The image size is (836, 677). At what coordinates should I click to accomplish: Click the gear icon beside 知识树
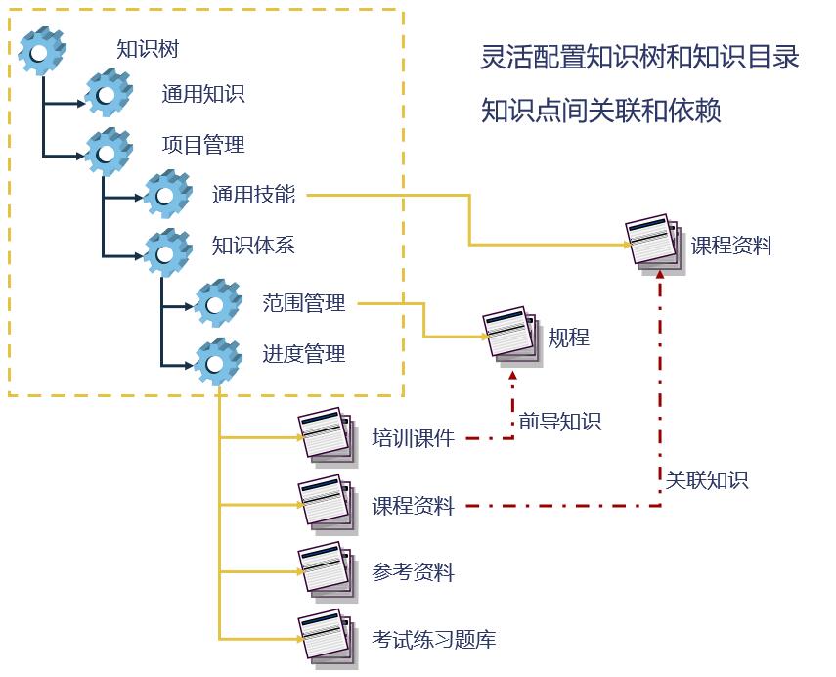point(42,51)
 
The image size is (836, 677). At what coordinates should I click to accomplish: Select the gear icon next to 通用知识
point(108,93)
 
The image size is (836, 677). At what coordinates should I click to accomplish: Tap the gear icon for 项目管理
point(108,151)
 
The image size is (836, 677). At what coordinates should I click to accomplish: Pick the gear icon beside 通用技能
point(167,194)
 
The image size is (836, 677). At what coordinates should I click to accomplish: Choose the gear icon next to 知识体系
point(167,251)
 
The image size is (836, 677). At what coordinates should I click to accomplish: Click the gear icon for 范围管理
point(217,303)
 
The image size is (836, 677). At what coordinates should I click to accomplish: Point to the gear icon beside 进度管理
point(217,361)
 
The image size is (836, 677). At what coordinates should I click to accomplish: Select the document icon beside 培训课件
point(326,433)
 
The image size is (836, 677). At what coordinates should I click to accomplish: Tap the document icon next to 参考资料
point(326,568)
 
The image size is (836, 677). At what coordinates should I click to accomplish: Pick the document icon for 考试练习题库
point(326,637)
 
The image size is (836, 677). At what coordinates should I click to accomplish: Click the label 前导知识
point(559,422)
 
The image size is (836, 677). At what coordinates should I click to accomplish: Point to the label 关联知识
point(707,480)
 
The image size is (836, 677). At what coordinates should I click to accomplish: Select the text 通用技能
point(253,194)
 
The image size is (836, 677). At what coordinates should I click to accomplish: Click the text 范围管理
point(304,303)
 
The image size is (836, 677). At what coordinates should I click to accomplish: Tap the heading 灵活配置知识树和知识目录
point(640,58)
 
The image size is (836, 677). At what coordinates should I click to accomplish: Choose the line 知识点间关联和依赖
point(600,112)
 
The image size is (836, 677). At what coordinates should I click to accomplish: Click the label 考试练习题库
point(433,640)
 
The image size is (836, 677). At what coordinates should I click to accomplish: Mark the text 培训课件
point(413,438)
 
